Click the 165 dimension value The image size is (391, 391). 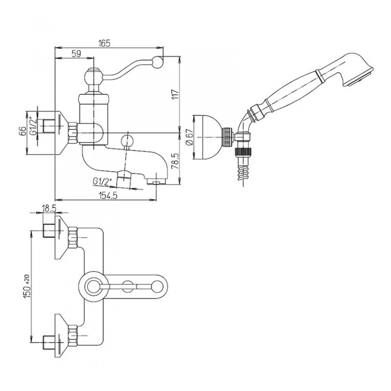point(105,43)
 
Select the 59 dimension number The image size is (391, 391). point(76,54)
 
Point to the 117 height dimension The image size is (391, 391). point(176,94)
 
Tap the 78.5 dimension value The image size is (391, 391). point(175,161)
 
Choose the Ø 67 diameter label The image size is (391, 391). point(190,137)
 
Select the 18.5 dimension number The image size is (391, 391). point(49,209)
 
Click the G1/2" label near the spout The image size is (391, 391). point(102,182)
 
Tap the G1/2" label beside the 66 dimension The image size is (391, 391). point(34,126)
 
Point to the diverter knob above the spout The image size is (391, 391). point(127,140)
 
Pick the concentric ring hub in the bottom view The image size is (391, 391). point(93,286)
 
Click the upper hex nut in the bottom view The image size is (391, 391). point(72,237)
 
